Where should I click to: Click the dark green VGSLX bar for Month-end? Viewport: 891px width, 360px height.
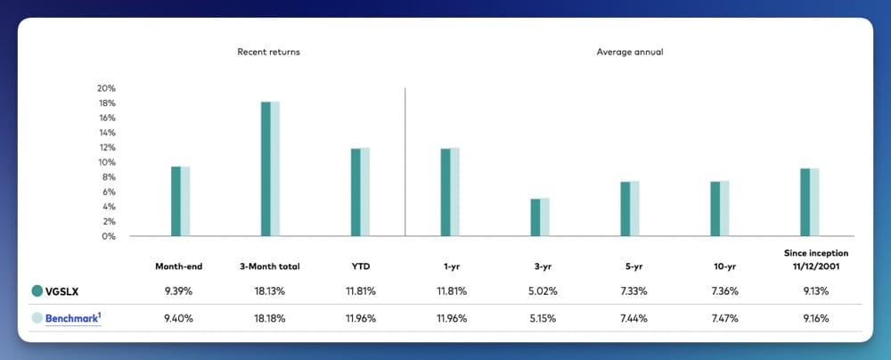pyautogui.click(x=176, y=201)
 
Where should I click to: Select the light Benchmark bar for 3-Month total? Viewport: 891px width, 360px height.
pyautogui.click(x=274, y=169)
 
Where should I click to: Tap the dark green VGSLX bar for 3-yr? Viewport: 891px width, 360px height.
pyautogui.click(x=535, y=217)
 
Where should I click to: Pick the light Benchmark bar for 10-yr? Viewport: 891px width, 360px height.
pyautogui.click(x=723, y=209)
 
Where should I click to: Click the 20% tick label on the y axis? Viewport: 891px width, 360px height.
pyautogui.click(x=106, y=88)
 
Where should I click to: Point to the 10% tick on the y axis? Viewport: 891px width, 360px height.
pyautogui.click(x=106, y=162)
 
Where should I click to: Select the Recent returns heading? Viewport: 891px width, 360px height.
pyautogui.click(x=268, y=53)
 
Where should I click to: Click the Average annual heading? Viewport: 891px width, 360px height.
pyautogui.click(x=629, y=53)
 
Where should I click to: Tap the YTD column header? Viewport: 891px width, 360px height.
pyautogui.click(x=360, y=266)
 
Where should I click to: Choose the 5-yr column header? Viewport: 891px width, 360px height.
pyautogui.click(x=629, y=266)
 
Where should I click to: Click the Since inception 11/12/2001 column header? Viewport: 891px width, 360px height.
pyautogui.click(x=809, y=260)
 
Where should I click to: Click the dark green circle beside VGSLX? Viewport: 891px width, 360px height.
pyautogui.click(x=37, y=290)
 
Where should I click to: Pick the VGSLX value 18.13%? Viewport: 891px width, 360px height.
pyautogui.click(x=270, y=290)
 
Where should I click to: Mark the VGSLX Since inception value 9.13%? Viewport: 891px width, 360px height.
pyautogui.click(x=809, y=290)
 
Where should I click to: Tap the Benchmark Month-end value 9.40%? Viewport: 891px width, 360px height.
pyautogui.click(x=180, y=318)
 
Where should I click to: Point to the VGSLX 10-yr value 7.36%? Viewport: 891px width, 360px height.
pyautogui.click(x=719, y=290)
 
